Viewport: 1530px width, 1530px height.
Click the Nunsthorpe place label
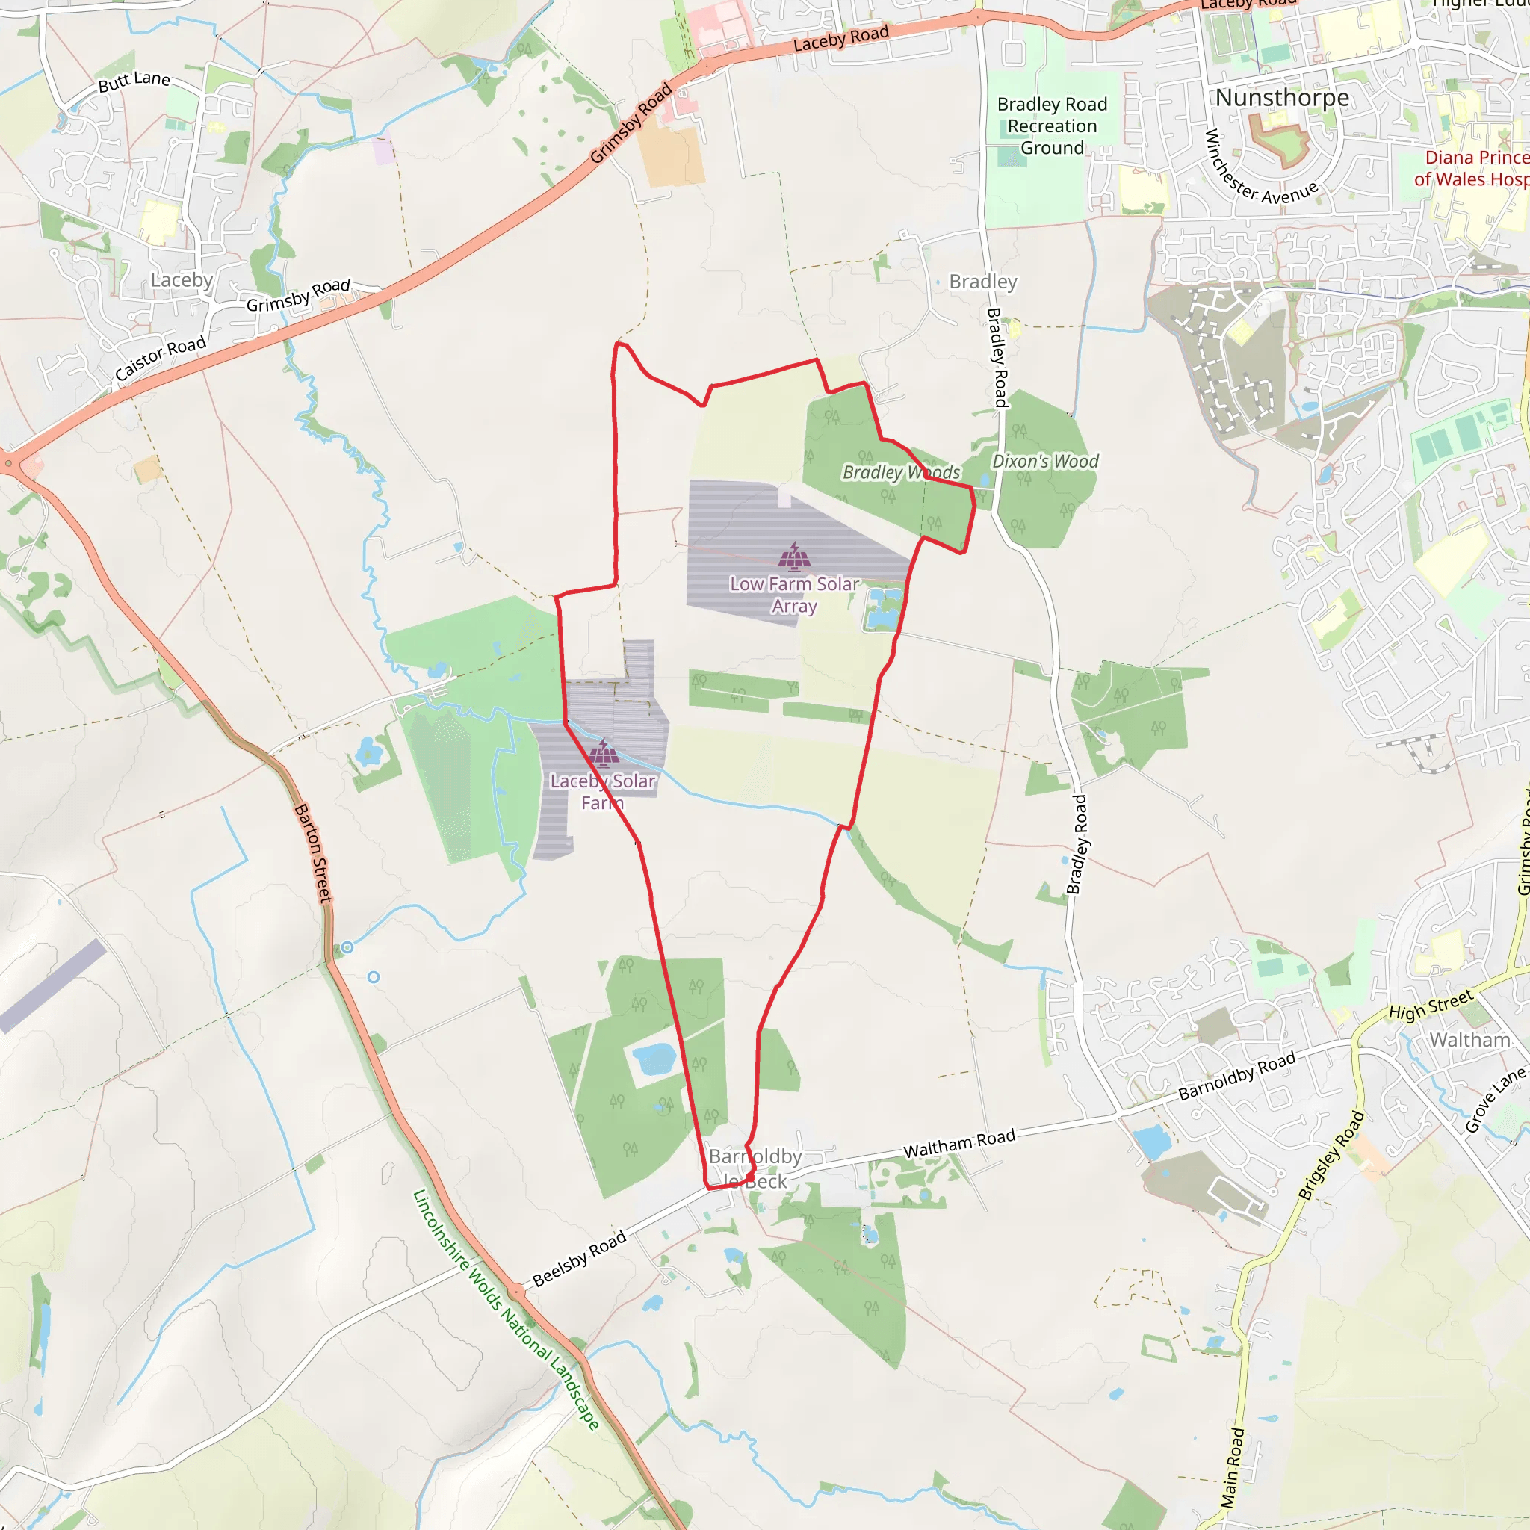pos(1282,98)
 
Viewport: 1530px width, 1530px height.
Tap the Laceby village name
pos(182,280)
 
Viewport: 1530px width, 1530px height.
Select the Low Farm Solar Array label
pos(794,595)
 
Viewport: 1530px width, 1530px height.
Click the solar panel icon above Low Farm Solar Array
pos(794,557)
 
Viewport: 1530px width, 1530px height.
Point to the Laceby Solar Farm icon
pos(604,753)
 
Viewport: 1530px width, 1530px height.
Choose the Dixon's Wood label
pos(1045,462)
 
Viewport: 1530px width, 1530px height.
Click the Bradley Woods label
pos(901,473)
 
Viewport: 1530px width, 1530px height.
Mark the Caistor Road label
pos(161,358)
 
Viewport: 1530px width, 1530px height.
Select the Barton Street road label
pos(313,853)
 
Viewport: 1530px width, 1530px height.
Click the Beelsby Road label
pos(579,1258)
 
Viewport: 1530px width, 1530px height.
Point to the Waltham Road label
pos(959,1144)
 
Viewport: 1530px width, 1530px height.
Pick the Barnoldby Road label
pos(1237,1076)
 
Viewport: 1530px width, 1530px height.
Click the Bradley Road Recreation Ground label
pos(1052,127)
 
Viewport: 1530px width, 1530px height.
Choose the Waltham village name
pos(1469,1040)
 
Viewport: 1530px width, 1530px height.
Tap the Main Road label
pos(1232,1466)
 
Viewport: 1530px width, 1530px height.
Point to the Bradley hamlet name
pos(983,282)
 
